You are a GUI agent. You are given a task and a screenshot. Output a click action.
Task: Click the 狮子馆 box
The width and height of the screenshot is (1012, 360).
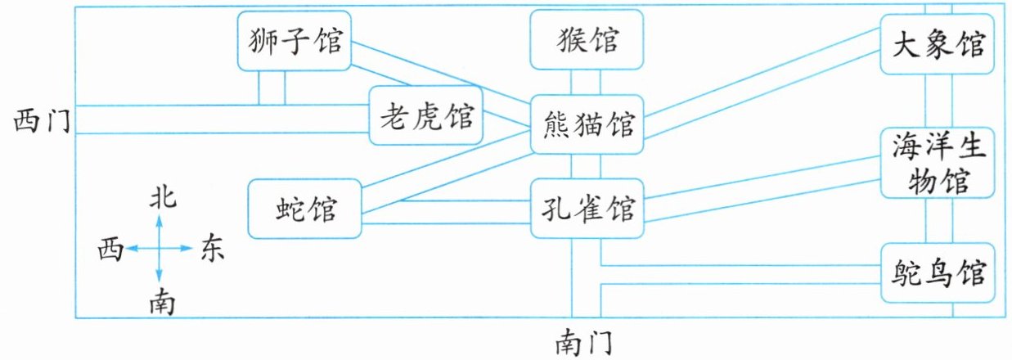point(295,41)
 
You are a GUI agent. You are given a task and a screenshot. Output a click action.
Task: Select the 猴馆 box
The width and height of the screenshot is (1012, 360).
point(587,40)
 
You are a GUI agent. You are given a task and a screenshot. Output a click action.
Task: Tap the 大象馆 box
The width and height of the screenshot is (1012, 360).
point(937,44)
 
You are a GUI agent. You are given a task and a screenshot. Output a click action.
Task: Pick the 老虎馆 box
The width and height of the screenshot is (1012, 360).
point(426,115)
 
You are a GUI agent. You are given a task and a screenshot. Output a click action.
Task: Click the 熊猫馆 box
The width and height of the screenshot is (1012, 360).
point(587,124)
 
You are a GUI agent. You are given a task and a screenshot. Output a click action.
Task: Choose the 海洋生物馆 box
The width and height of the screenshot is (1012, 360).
point(938,163)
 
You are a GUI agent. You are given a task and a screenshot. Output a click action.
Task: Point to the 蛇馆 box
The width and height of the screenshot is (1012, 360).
point(304,209)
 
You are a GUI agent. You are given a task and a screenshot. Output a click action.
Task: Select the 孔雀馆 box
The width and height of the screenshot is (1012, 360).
point(587,209)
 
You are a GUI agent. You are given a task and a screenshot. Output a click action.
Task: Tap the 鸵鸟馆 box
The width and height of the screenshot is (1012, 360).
point(938,272)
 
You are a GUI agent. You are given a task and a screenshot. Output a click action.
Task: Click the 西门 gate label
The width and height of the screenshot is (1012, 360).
point(42,121)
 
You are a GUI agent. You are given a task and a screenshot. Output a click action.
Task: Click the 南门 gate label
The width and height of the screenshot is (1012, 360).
point(583,344)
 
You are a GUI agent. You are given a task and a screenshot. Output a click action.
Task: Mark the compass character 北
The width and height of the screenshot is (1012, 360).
point(163,198)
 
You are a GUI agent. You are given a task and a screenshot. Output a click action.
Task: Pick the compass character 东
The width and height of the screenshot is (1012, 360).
point(213,247)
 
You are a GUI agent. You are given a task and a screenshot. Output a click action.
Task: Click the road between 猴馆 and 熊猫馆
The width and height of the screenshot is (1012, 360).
point(586,82)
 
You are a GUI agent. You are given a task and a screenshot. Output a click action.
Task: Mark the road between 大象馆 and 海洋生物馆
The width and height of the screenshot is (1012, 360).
point(939,101)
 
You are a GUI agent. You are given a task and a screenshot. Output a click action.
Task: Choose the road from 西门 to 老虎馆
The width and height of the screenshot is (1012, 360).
point(223,119)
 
